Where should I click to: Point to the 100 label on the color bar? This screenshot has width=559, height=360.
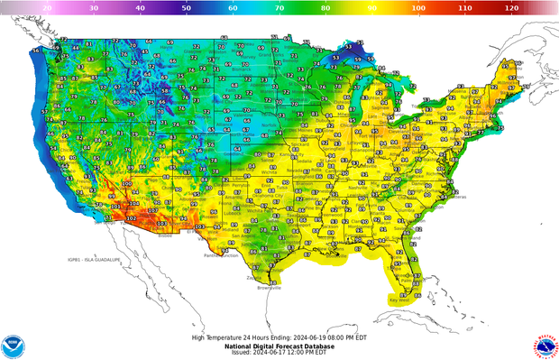(x=418, y=6)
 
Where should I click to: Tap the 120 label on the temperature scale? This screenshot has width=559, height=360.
(x=511, y=6)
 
